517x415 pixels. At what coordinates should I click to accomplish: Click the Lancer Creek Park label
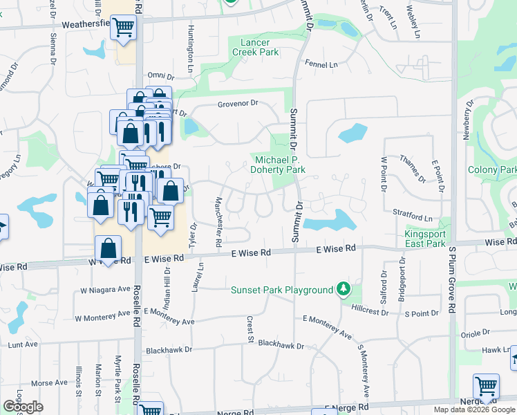tap(251, 47)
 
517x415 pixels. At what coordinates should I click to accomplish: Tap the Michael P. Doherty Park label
tap(277, 165)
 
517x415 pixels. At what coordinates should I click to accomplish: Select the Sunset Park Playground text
tap(282, 290)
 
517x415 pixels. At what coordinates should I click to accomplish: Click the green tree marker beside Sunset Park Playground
tap(342, 289)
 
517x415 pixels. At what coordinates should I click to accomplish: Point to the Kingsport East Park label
tap(425, 239)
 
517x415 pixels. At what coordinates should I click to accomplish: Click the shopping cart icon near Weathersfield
tap(123, 28)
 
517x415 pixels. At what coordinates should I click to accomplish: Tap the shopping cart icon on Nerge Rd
tap(487, 386)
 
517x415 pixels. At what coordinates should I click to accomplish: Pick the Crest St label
tap(249, 329)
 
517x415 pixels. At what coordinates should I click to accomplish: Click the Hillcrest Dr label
tap(370, 311)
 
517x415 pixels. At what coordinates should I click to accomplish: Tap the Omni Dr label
tap(158, 76)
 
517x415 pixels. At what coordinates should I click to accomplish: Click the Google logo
tap(23, 407)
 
